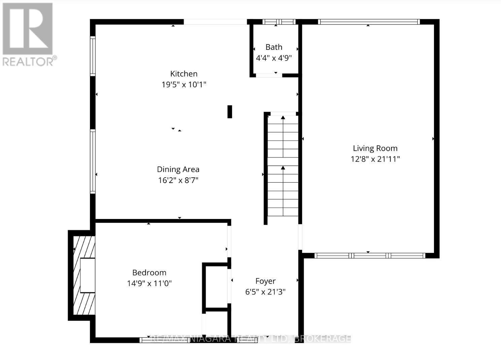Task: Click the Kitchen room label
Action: tap(183, 74)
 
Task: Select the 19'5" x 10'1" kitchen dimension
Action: tap(183, 84)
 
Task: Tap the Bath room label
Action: tap(274, 47)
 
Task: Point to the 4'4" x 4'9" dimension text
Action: tap(274, 58)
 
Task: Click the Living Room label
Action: tap(375, 148)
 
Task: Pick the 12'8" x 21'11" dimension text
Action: tap(375, 159)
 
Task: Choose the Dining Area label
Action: tap(178, 170)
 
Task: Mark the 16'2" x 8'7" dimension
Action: tap(178, 180)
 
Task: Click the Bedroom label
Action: tap(149, 273)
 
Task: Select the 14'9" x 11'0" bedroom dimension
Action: tap(149, 284)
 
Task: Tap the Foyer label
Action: tap(265, 281)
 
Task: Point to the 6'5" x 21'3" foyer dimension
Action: tap(265, 292)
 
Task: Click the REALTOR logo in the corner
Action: tap(28, 34)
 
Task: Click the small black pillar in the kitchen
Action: tap(230, 112)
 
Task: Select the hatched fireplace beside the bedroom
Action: tap(83, 275)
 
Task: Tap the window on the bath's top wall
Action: tap(279, 22)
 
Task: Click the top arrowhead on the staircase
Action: tap(283, 118)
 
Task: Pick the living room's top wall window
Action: tap(369, 22)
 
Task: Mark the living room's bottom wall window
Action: tap(369, 256)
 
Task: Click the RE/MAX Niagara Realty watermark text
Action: tap(250, 338)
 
